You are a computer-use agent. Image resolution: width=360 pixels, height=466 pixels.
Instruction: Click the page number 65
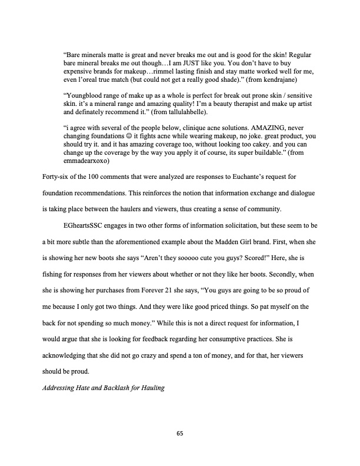(180, 434)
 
